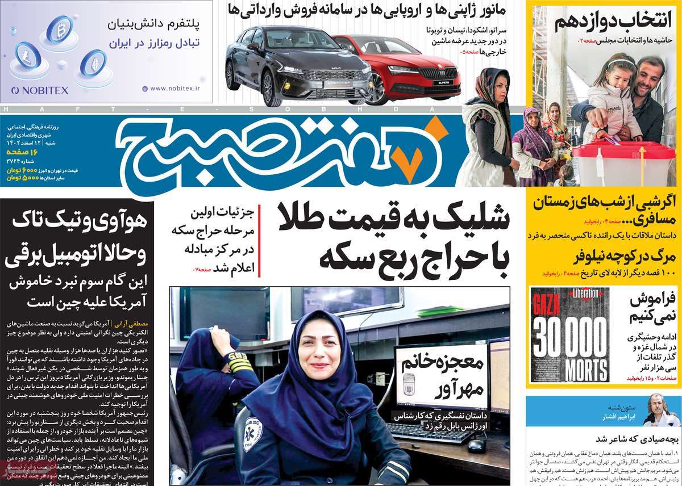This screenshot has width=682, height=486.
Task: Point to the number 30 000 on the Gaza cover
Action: pos(569,336)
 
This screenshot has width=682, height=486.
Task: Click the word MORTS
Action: pos(569,367)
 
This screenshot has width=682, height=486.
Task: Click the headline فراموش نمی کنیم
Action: pos(653,307)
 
